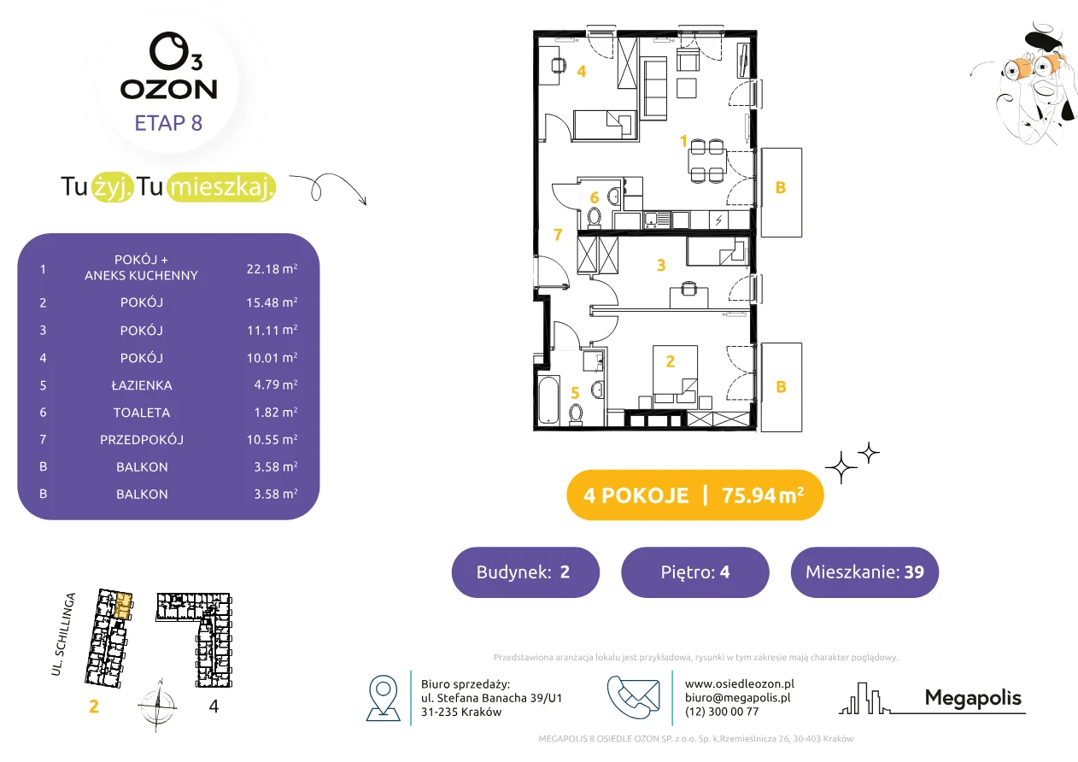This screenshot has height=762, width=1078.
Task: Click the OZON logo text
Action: click(168, 89)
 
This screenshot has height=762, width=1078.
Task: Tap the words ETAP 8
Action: click(168, 123)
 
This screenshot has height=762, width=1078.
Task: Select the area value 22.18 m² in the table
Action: click(272, 268)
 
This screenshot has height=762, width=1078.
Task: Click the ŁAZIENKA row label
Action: click(142, 385)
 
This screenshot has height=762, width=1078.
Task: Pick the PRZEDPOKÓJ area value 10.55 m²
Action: click(272, 439)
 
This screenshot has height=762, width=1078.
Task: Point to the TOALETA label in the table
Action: click(142, 413)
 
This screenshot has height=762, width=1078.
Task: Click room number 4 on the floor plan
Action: click(582, 72)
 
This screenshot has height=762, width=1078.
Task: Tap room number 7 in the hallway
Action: click(558, 234)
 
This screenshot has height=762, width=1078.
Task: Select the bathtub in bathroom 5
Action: click(548, 400)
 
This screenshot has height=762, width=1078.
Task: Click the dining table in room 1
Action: click(707, 160)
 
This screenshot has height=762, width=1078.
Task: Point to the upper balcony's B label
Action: click(781, 187)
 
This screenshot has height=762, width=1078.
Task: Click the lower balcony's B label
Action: click(781, 386)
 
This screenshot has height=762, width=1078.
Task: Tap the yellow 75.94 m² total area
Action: click(762, 495)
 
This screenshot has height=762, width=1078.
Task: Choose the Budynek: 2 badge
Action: click(525, 571)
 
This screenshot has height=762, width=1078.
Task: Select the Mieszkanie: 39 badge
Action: click(864, 571)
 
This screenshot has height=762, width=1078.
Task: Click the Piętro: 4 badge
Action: click(695, 571)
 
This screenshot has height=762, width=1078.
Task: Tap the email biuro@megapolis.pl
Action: click(738, 698)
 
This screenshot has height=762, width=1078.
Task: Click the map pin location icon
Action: click(383, 697)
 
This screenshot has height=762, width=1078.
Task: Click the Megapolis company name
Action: click(973, 698)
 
